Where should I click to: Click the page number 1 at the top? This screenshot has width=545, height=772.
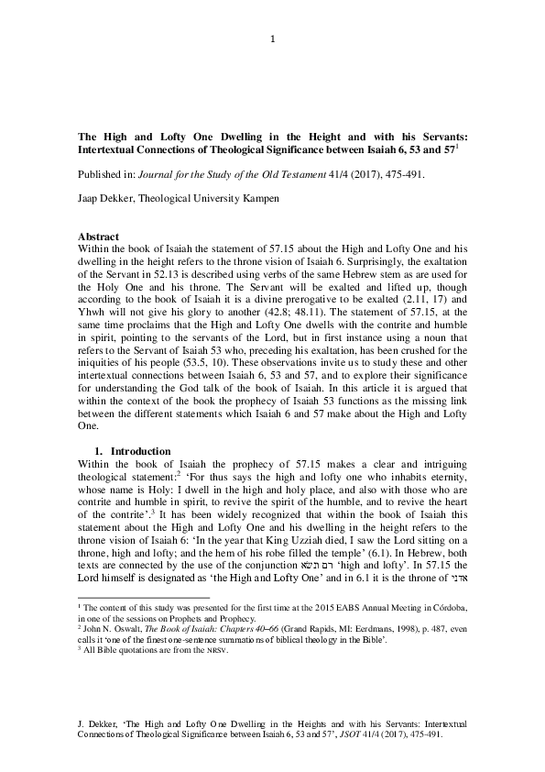[273, 39]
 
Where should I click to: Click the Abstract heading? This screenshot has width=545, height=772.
[99, 237]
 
